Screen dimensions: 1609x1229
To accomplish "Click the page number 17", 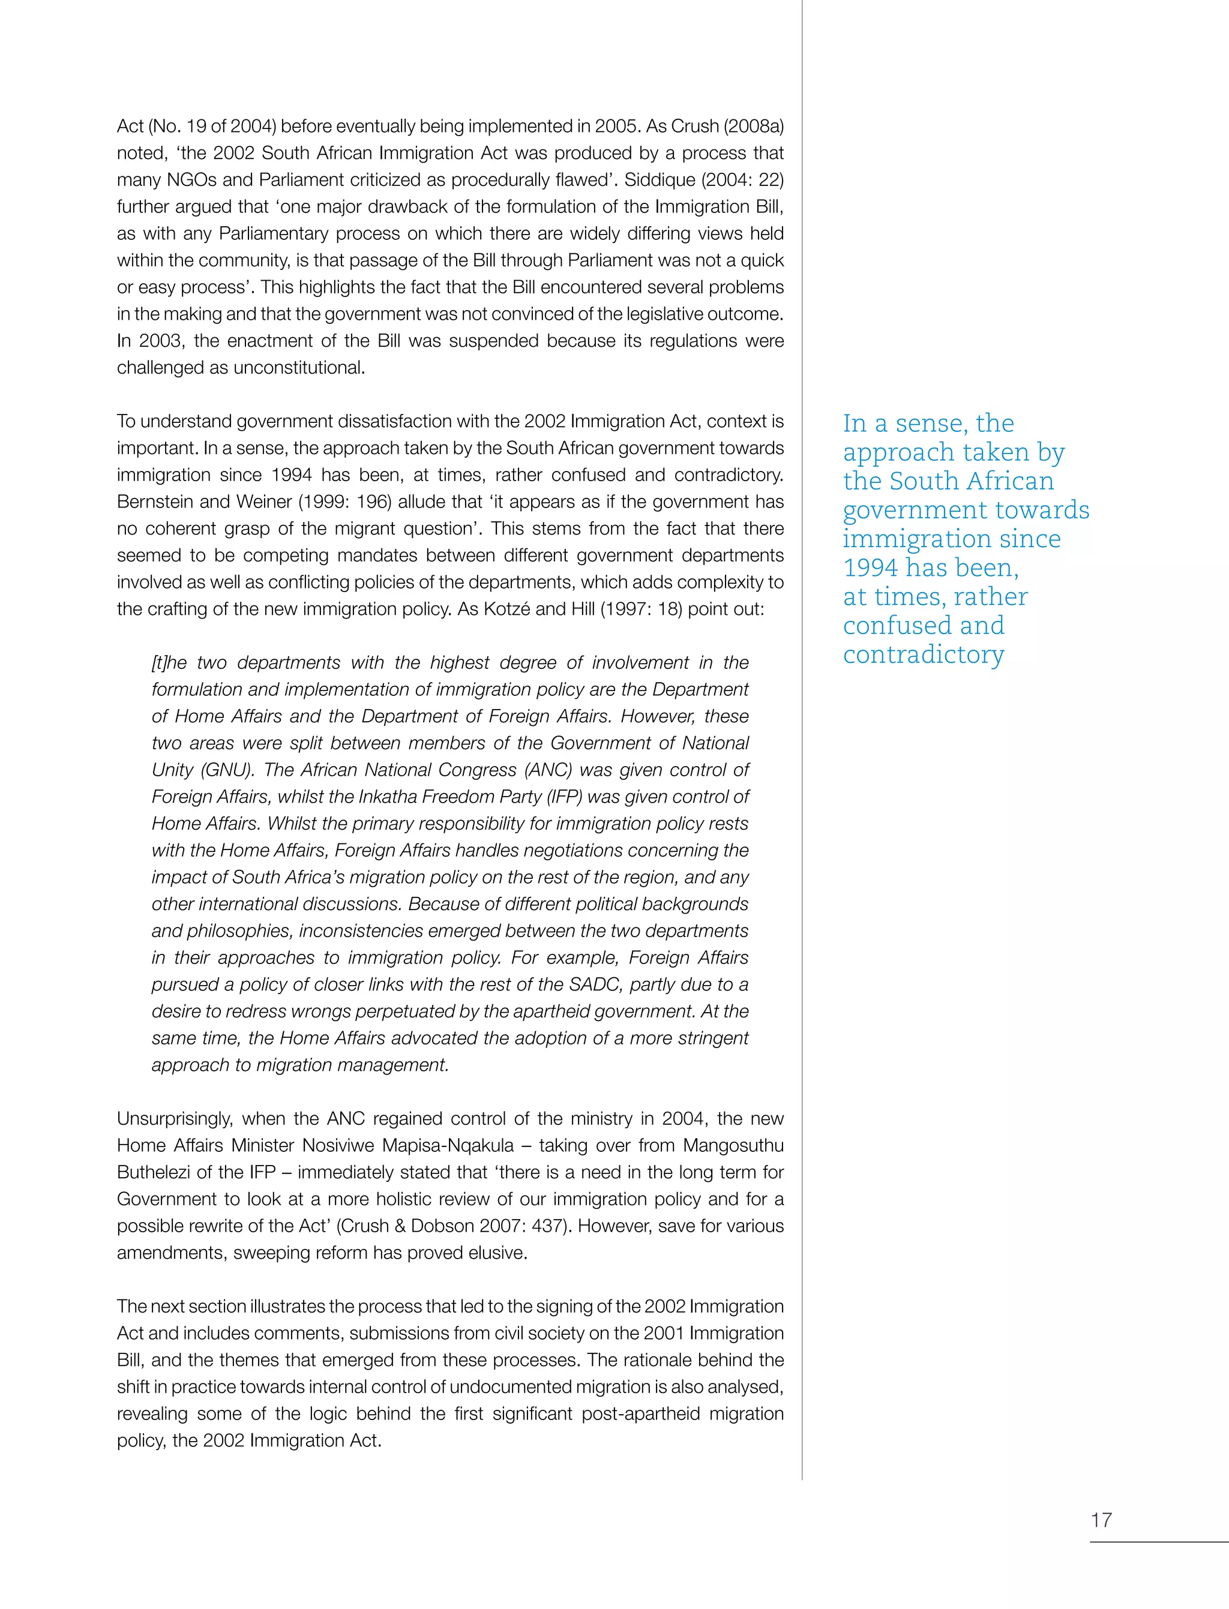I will tap(1101, 1520).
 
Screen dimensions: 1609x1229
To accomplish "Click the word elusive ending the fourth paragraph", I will tap(500, 1253).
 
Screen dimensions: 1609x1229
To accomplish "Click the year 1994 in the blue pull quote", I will tap(871, 568).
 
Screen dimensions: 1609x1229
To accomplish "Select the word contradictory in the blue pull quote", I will tap(923, 654).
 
